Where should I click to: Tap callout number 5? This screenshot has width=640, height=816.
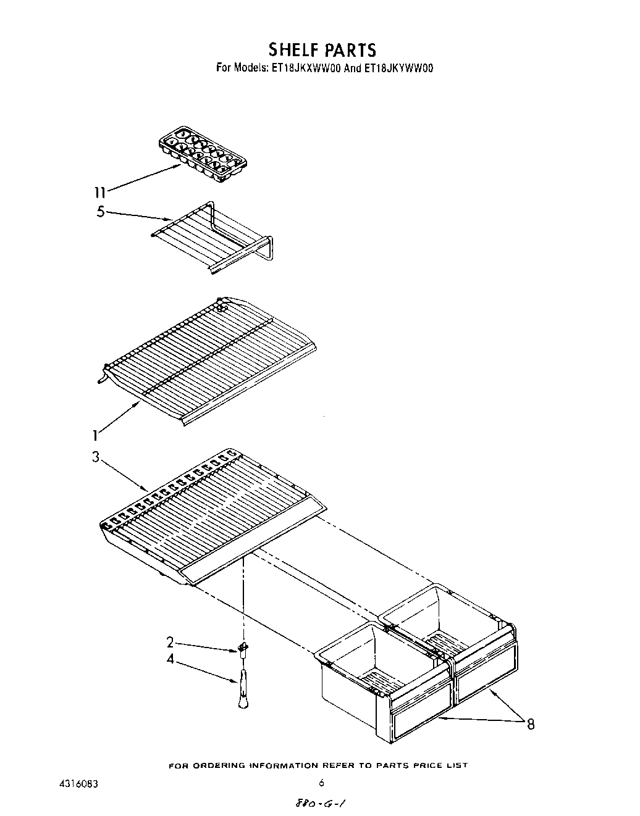pos(100,212)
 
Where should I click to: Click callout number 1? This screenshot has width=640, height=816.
pos(95,436)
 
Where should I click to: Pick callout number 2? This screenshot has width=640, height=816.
pos(170,641)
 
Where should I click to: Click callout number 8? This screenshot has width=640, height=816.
pos(530,724)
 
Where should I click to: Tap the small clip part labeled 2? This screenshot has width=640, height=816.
pos(243,648)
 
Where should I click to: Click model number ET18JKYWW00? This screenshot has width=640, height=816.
pos(398,69)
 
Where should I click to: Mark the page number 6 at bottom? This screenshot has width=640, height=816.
pos(321,784)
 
